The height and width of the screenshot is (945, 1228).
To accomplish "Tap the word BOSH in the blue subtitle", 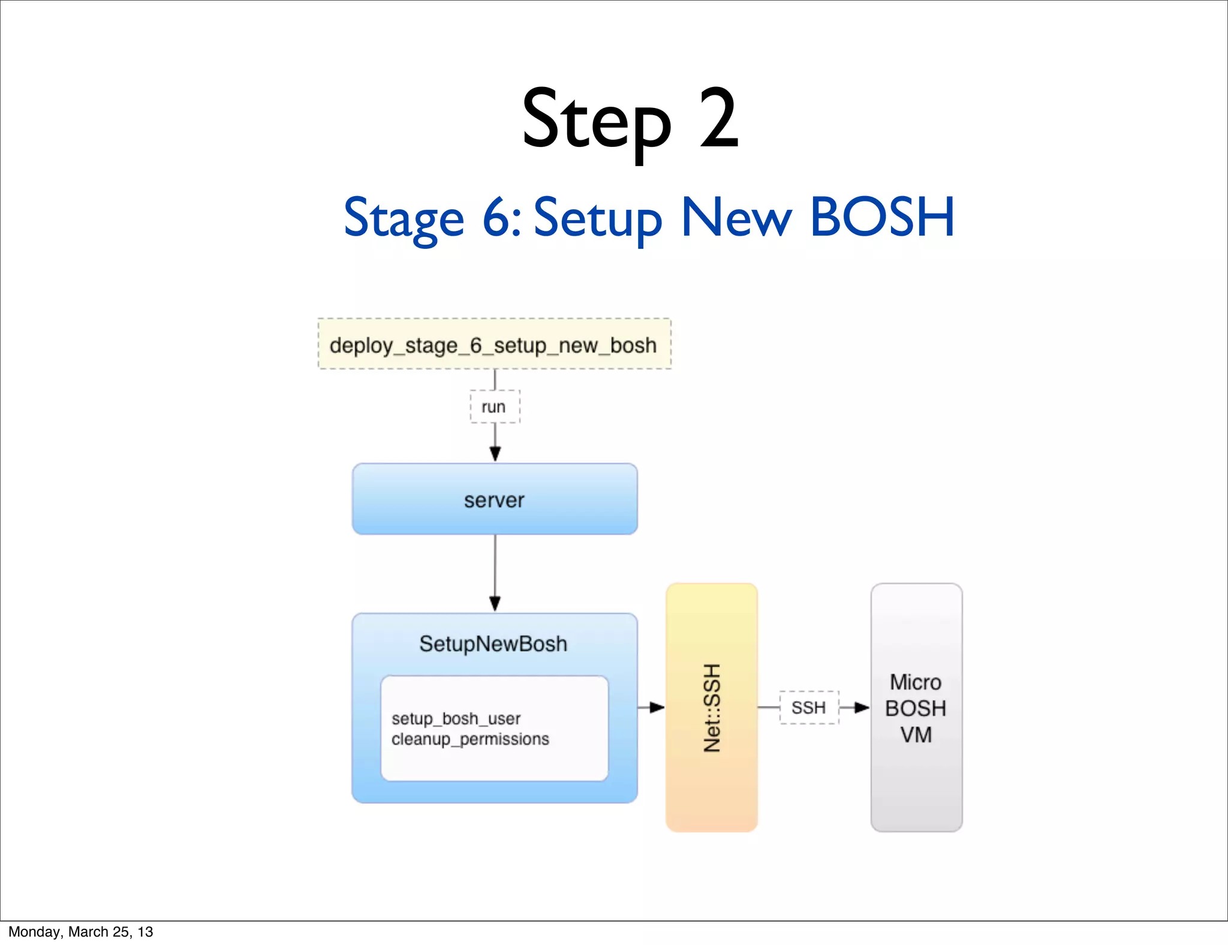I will pos(881,217).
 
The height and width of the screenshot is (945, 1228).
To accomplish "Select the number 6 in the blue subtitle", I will pos(497,217).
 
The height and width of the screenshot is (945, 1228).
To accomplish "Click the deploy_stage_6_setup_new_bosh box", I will pos(493,345).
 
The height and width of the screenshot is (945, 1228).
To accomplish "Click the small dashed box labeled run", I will pos(494,407).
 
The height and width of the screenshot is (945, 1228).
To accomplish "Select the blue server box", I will pos(494,499).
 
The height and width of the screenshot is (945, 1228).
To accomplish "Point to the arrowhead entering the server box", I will pos(495,455).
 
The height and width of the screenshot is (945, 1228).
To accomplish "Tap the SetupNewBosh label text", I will pos(493,644).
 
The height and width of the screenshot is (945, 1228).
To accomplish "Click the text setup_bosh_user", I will pos(456,718).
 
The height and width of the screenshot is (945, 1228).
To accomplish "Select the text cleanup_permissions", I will pos(470,739).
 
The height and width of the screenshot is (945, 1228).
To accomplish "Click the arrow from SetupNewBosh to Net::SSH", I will pos(651,708).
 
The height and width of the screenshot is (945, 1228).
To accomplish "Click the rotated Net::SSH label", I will pos(712,708).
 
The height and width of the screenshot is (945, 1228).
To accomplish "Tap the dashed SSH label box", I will pos(808,708).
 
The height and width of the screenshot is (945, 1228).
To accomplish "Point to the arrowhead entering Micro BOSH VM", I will pos(862,708).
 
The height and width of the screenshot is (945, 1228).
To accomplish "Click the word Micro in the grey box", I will pos(915,682).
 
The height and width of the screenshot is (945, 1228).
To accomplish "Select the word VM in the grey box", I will pos(916,735).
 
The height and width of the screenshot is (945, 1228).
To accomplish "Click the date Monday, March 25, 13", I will pos(80,932).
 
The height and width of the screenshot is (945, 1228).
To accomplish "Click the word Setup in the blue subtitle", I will pos(597,217).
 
